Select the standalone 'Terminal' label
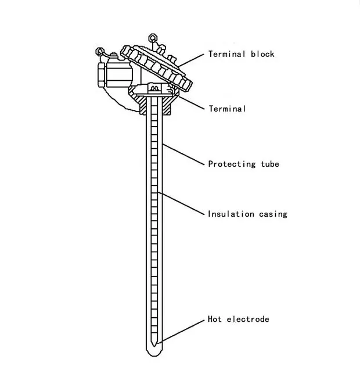pyautogui.click(x=227, y=109)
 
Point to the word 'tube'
pyautogui.click(x=269, y=164)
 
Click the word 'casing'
pyautogui.click(x=273, y=214)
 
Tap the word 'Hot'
pyautogui.click(x=214, y=319)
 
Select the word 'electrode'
pyautogui.click(x=247, y=319)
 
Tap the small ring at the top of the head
pyautogui.click(x=154, y=38)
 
